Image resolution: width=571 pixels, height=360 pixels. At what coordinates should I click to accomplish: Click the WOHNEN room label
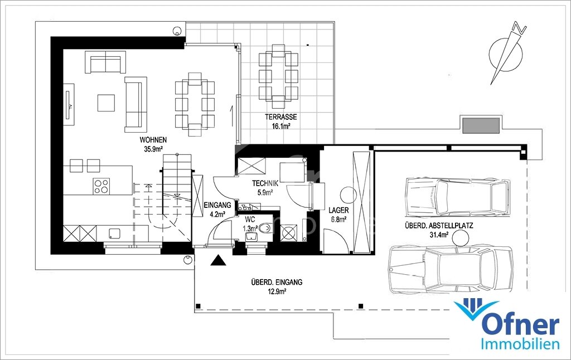click(153, 140)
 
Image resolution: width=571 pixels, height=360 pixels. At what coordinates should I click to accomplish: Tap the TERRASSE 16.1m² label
click(280, 121)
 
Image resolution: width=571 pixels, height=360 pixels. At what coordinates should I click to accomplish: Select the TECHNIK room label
click(265, 183)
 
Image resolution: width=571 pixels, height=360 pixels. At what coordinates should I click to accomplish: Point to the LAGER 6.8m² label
click(338, 215)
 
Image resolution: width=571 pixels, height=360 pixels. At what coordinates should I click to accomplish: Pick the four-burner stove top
click(101, 186)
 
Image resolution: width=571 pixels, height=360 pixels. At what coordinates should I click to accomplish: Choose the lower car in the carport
click(451, 269)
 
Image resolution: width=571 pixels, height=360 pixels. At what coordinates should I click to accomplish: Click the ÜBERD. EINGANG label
click(277, 282)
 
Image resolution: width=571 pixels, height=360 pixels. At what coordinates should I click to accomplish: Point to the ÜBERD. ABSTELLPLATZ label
click(439, 226)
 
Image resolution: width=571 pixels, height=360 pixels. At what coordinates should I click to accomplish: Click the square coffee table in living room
click(107, 103)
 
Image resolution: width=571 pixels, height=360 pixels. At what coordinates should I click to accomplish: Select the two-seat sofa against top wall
click(105, 62)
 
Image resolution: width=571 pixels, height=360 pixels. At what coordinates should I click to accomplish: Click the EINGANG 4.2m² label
click(217, 210)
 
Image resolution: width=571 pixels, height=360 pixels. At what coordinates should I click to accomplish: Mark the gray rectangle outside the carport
click(480, 125)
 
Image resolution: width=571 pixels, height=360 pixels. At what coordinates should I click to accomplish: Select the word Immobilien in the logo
click(520, 344)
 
